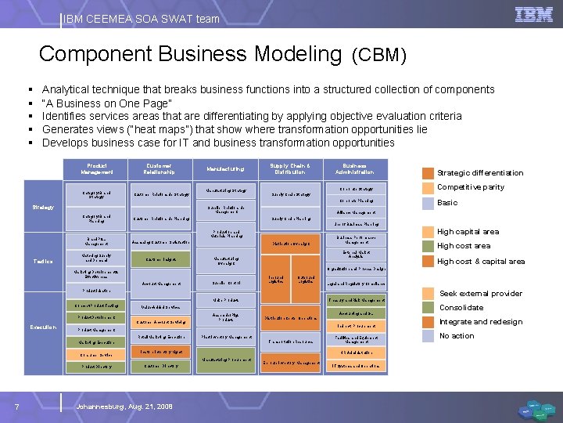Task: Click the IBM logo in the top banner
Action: click(x=534, y=14)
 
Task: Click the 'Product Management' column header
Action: click(x=97, y=168)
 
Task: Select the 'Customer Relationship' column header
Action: click(x=159, y=168)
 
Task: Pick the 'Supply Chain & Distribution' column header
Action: click(x=290, y=168)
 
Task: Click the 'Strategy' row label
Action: click(x=43, y=208)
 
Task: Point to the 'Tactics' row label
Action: click(x=43, y=261)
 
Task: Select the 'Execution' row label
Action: click(x=43, y=326)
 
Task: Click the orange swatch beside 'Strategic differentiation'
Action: click(x=428, y=173)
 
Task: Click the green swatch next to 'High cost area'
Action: click(x=428, y=246)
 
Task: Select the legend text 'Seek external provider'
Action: click(x=480, y=293)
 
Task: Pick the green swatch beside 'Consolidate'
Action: click(x=428, y=308)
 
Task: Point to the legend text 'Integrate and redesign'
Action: click(x=480, y=322)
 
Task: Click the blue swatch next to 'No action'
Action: click(x=428, y=336)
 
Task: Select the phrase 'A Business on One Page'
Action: click(x=107, y=103)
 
